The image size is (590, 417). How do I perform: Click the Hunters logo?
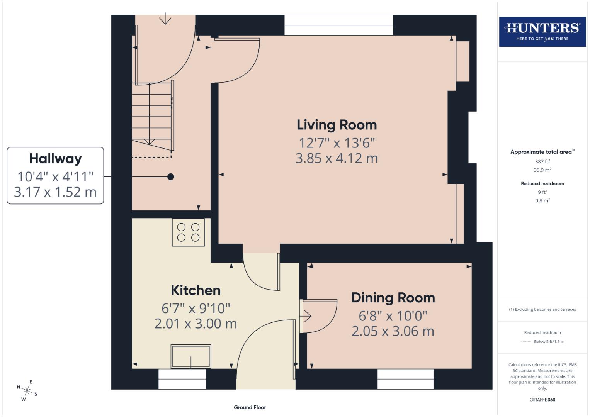[542, 31]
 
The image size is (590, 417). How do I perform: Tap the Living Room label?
[337, 125]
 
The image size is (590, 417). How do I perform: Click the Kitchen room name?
[196, 290]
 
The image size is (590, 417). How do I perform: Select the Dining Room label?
[393, 298]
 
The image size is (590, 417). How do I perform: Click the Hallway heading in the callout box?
[55, 159]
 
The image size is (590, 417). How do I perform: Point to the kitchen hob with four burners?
[188, 232]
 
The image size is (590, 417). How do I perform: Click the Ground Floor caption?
[250, 407]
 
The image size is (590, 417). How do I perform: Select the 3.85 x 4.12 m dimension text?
[337, 158]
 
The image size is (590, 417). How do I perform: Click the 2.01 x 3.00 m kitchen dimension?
[196, 324]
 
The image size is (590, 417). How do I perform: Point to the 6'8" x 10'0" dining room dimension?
[393, 316]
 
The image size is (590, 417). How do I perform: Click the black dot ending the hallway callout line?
[170, 177]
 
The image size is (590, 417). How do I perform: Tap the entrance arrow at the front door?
[165, 19]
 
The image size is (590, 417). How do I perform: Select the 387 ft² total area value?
[542, 161]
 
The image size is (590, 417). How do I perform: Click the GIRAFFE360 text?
[542, 400]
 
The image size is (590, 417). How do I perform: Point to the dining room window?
[405, 379]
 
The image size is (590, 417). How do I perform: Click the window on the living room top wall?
[339, 25]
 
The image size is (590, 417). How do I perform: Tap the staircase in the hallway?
[152, 116]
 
